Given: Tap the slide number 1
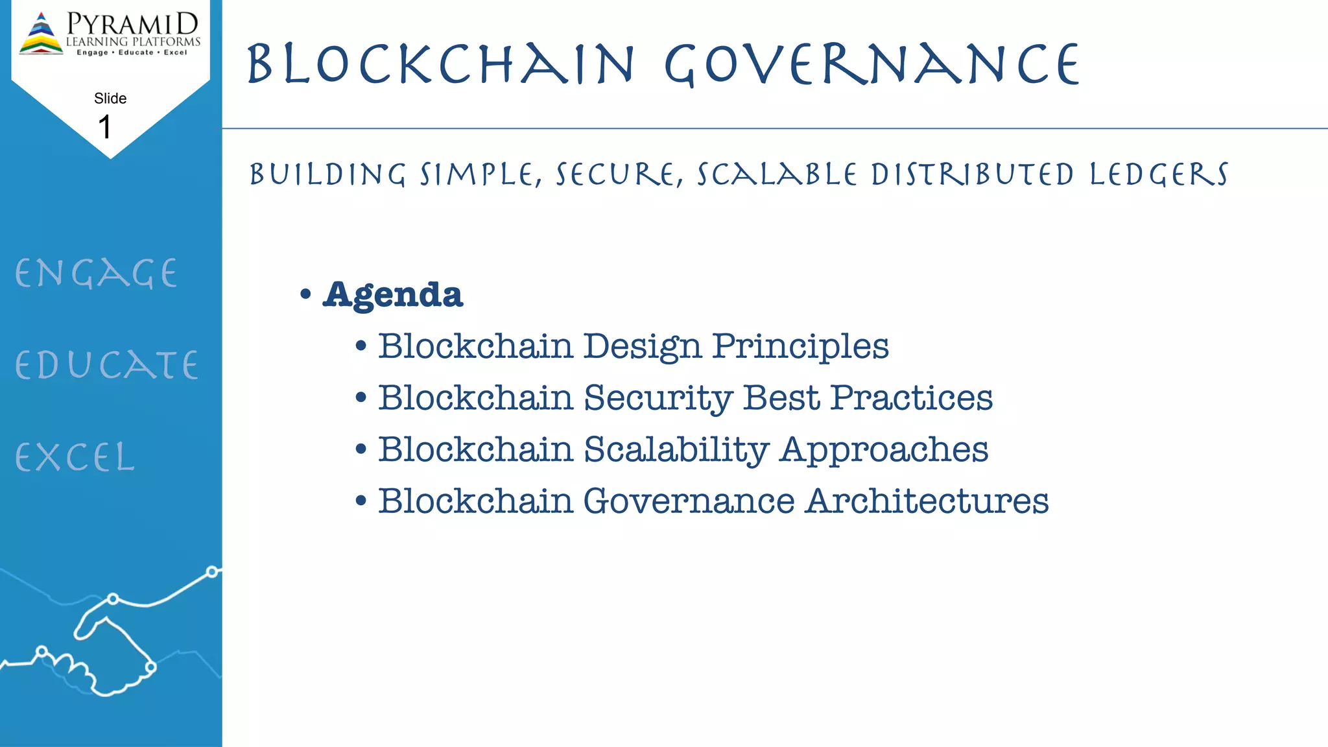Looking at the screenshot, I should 104,127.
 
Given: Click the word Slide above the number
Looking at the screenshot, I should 110,99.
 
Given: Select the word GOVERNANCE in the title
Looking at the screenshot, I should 871,64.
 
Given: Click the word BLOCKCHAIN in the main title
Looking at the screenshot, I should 442,64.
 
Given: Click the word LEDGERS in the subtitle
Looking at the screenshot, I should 1159,175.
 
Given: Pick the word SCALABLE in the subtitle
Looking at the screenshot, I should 777,175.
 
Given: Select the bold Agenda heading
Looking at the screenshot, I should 393,295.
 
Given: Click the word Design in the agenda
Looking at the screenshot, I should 642,346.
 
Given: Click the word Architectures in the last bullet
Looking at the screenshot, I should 927,501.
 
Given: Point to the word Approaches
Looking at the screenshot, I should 884,450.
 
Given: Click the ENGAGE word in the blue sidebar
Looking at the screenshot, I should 96,273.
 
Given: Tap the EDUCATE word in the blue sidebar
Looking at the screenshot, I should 106,365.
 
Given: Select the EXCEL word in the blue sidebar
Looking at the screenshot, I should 75,458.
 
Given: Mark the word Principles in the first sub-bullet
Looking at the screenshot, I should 801,346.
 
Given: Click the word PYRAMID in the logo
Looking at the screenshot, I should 132,24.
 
